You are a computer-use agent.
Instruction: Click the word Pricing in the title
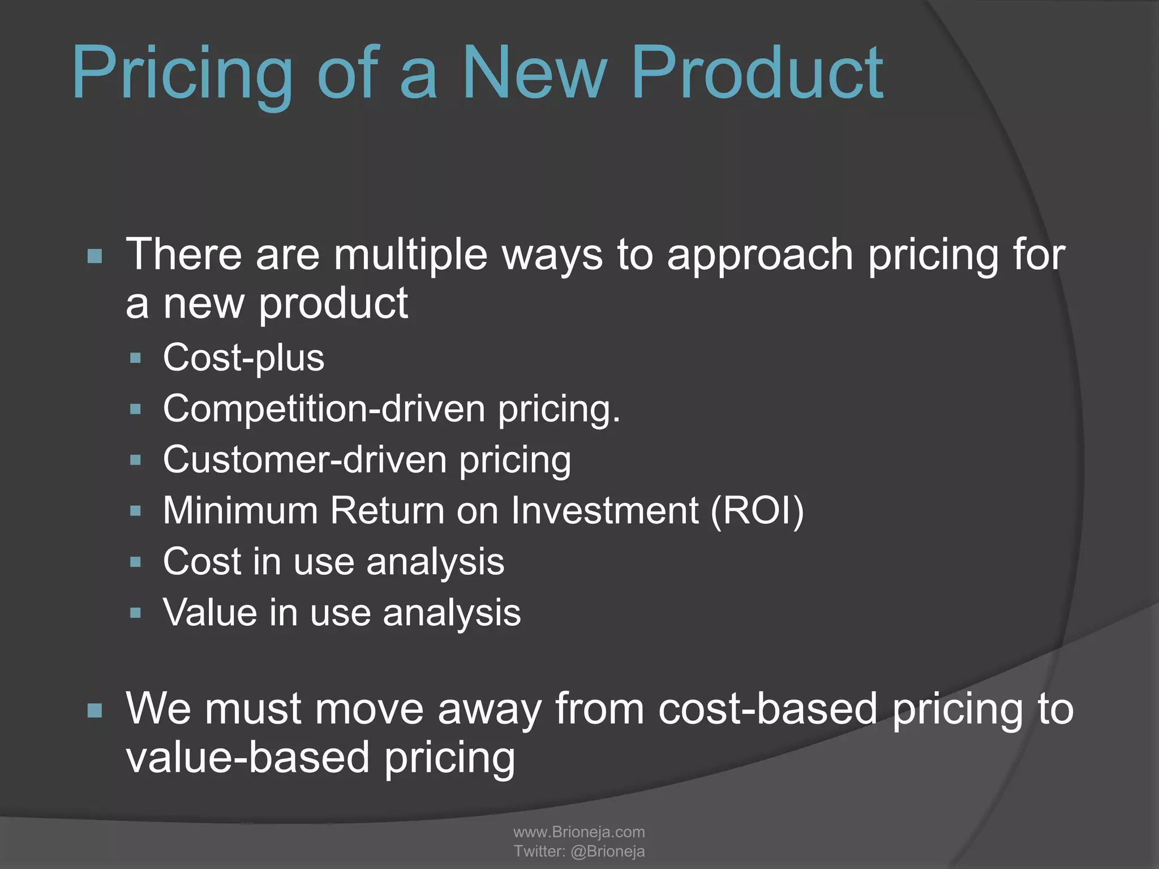pos(182,74)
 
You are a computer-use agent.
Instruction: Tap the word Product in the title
pos(757,74)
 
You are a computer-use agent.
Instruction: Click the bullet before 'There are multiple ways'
pos(95,257)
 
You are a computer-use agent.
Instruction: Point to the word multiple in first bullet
pos(410,255)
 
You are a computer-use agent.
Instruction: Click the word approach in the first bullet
pos(759,256)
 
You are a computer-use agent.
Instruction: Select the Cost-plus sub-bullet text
pos(243,358)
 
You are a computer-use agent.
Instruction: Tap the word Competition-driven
pos(324,408)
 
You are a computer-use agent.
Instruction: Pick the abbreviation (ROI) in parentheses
pos(757,511)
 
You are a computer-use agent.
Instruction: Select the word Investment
pos(604,511)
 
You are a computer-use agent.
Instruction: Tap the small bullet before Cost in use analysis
pos(135,562)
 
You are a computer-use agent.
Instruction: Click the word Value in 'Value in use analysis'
pos(210,613)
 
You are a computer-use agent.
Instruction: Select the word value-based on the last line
pos(248,758)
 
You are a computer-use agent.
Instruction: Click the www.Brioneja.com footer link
pos(579,832)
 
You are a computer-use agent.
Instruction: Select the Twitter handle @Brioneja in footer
pos(608,851)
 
